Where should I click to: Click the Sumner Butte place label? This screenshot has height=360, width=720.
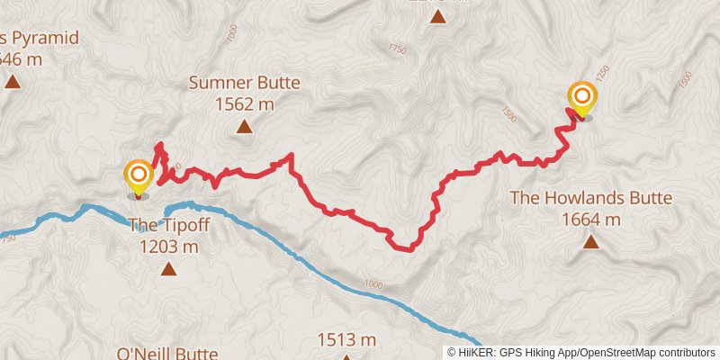(x=244, y=84)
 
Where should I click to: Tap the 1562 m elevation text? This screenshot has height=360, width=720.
(x=244, y=104)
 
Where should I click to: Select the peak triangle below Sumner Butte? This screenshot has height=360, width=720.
(x=244, y=127)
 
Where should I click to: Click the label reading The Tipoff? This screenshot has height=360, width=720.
(x=170, y=225)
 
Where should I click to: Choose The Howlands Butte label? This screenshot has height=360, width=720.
(x=591, y=198)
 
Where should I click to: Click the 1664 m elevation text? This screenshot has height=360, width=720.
(x=591, y=219)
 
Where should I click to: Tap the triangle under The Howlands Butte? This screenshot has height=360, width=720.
(x=591, y=241)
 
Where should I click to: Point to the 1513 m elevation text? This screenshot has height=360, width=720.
(x=346, y=339)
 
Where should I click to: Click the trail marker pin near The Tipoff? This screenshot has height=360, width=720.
(x=138, y=177)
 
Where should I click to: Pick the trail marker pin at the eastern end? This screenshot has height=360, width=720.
(x=582, y=99)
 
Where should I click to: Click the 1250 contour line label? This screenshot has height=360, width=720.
(x=603, y=72)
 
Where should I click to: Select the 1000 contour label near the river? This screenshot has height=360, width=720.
(x=373, y=284)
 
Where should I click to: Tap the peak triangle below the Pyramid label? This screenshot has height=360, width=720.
(x=12, y=82)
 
